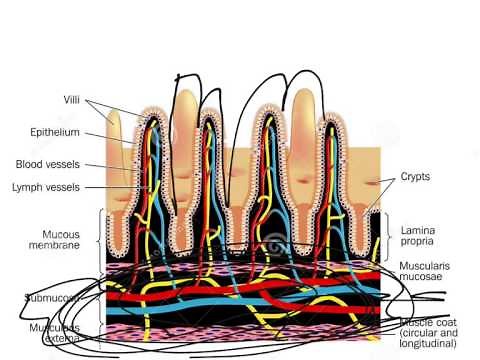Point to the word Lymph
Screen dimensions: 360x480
(x=30, y=186)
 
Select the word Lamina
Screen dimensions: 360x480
(x=420, y=230)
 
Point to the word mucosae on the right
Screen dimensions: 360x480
(x=424, y=281)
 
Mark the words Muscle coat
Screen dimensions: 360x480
(x=429, y=322)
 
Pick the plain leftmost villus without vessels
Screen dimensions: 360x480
(x=113, y=150)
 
